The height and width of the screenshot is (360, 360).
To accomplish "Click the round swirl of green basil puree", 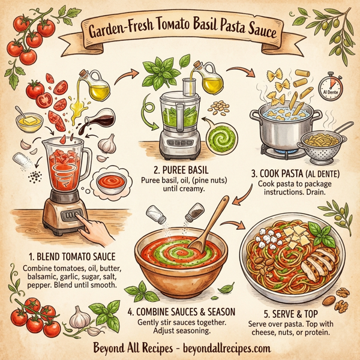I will point(223,132).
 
